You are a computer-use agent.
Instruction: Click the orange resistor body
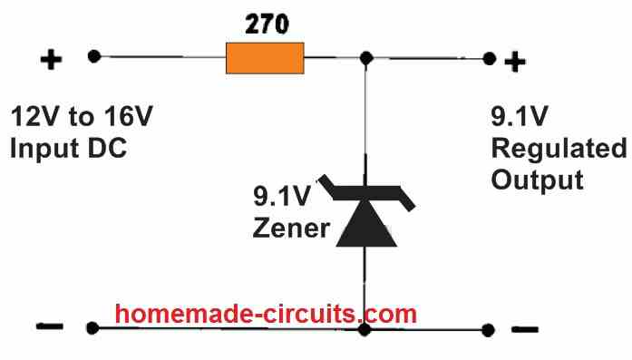[x=265, y=60]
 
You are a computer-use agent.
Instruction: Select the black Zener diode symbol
[x=367, y=218]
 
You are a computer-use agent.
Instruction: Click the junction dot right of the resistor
[x=365, y=59]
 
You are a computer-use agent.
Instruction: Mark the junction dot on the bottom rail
[x=365, y=329]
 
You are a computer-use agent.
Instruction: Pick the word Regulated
[x=558, y=149]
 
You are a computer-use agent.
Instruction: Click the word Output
[x=536, y=179]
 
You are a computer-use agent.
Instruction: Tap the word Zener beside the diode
[x=291, y=227]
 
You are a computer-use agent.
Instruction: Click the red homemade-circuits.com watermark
[x=266, y=314]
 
